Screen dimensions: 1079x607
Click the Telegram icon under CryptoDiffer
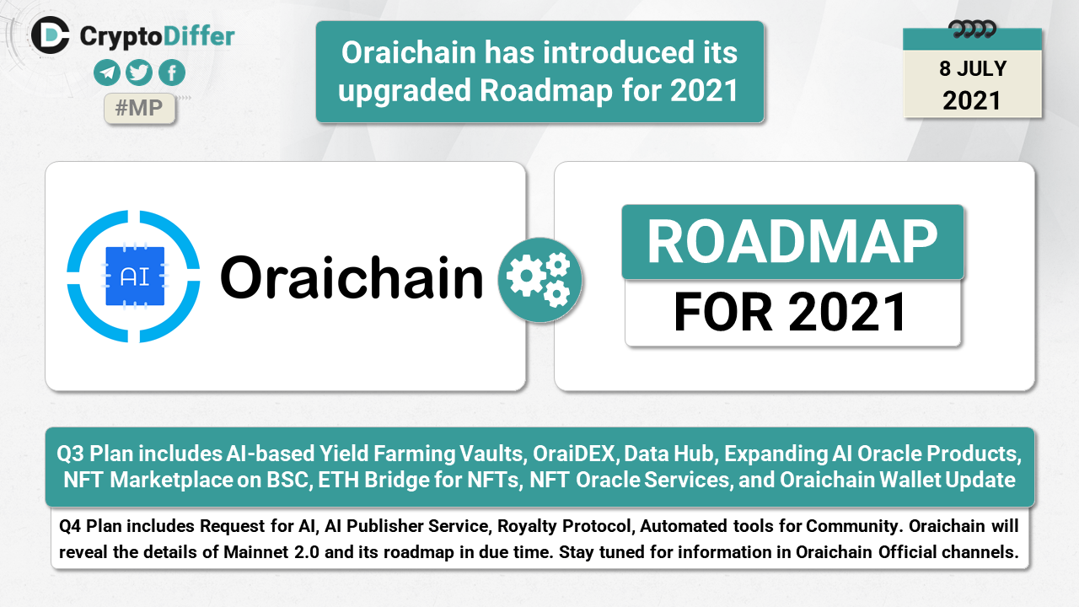pos(107,73)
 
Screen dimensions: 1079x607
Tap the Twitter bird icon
pos(139,73)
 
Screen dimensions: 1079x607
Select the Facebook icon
pos(172,73)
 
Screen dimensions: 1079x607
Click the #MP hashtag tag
pos(139,108)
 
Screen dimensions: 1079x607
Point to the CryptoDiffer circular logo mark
pos(50,35)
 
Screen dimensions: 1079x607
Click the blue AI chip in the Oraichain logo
pos(135,276)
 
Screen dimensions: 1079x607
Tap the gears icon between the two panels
pos(540,280)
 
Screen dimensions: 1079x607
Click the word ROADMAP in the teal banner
pos(792,242)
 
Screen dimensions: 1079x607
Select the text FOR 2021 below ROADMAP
pos(790,312)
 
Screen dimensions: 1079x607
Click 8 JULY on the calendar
pos(973,69)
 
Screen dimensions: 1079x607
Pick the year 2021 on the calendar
pos(972,100)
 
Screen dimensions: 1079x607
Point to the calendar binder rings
pos(972,30)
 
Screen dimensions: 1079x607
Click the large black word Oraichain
pos(352,277)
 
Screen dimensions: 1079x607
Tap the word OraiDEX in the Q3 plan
pos(574,454)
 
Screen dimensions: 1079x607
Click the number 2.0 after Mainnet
pos(307,552)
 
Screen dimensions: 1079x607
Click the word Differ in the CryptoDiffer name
pos(199,36)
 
